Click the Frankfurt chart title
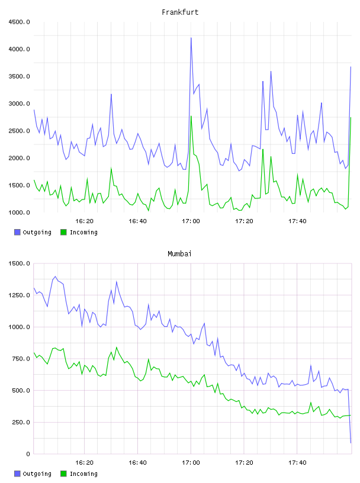pos(180,12)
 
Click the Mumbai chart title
pos(179,254)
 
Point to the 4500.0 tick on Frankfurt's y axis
pos(19,22)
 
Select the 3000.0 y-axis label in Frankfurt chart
pos(19,104)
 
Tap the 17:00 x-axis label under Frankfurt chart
pos(191,221)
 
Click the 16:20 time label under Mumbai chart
pos(84,463)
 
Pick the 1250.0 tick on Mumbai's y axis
pos(19,295)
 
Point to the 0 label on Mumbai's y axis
pos(28,454)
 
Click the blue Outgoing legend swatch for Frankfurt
pos(17,232)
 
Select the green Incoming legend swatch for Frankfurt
pos(63,232)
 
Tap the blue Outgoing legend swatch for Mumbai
pos(17,474)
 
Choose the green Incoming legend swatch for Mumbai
pos(63,474)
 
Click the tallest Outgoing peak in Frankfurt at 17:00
pos(191,38)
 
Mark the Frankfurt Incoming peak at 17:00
pos(191,116)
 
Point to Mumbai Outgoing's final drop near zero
pos(351,443)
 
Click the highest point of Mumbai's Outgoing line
pos(55,276)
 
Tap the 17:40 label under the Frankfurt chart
pos(297,221)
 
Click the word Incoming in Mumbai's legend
pos(83,474)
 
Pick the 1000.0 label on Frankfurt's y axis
pos(19,212)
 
